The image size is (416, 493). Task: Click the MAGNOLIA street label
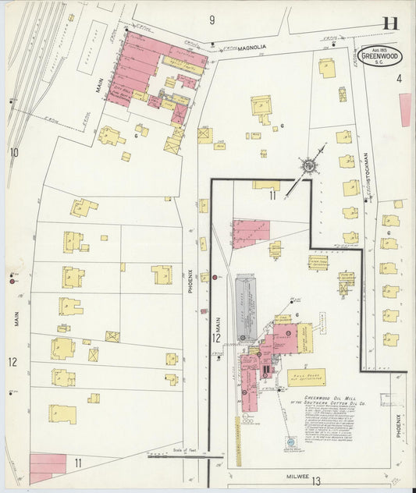tap(253, 47)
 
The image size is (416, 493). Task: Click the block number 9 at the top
tap(212, 19)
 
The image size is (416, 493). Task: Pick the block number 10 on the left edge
tap(13, 152)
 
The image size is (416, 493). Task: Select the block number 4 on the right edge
tap(398, 78)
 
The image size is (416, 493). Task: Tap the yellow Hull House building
tap(305, 378)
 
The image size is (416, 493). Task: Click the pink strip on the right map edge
tap(404, 108)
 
